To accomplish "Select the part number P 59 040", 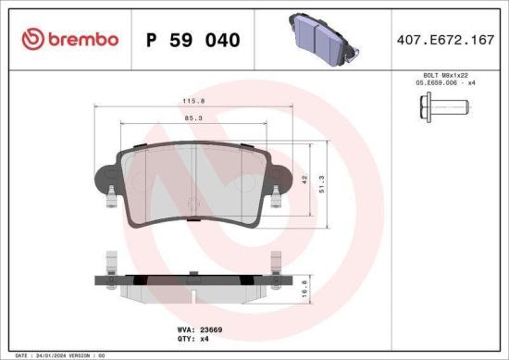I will (193, 41).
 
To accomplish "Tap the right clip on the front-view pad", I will (276, 193).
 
